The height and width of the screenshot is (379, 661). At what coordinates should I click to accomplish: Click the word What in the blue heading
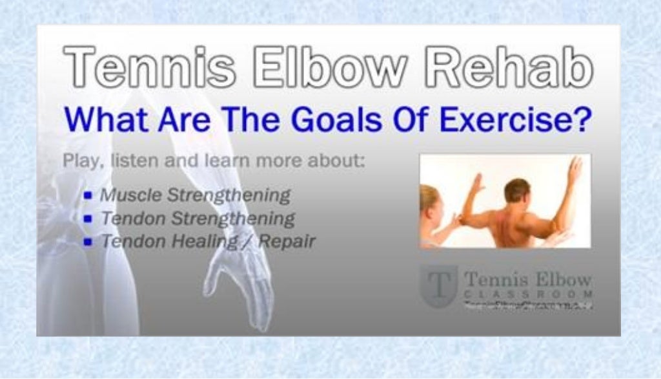click(x=107, y=120)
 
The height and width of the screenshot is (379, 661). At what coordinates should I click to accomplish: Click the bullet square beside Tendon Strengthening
click(x=88, y=219)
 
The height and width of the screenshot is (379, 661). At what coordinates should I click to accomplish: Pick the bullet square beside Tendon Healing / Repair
click(x=88, y=242)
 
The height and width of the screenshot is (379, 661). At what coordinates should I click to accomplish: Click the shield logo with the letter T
click(x=438, y=285)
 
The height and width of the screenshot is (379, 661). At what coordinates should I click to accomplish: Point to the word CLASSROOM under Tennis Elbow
click(x=527, y=295)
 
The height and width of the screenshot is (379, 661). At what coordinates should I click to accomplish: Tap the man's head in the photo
click(x=517, y=191)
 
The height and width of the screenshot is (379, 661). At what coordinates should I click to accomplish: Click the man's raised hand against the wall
click(x=574, y=169)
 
